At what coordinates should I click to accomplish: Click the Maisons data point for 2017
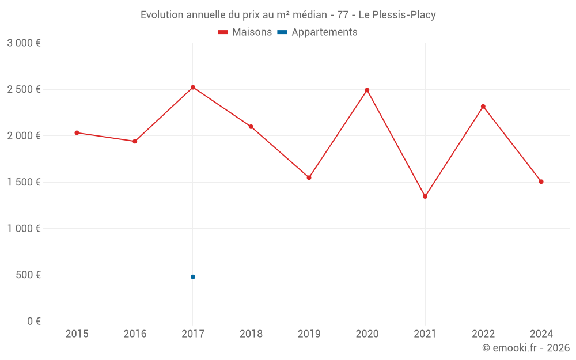click(x=193, y=88)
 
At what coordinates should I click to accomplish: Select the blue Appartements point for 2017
click(x=193, y=277)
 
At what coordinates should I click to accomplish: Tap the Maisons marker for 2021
click(x=425, y=196)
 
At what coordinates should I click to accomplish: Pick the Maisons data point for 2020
click(x=367, y=90)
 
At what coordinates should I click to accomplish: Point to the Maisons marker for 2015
click(x=77, y=133)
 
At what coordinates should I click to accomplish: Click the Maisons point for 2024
click(x=541, y=181)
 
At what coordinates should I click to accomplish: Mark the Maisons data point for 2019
click(x=309, y=177)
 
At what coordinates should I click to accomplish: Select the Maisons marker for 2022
click(x=483, y=107)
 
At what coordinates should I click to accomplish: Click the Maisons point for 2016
click(x=135, y=141)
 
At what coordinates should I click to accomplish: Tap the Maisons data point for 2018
click(x=251, y=127)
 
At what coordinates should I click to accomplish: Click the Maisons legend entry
click(x=245, y=32)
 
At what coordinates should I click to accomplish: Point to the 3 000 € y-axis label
click(x=24, y=43)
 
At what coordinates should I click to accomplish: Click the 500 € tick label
click(x=28, y=275)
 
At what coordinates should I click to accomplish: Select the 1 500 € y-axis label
click(x=24, y=182)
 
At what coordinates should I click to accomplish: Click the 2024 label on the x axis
click(x=541, y=334)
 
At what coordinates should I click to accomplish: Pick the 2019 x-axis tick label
click(x=309, y=334)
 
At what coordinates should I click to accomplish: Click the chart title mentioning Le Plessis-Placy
click(x=288, y=15)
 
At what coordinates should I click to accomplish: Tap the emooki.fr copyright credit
click(x=526, y=348)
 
